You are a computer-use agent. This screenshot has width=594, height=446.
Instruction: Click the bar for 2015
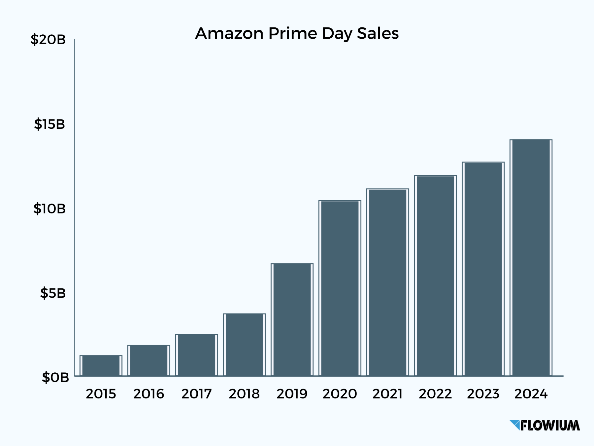point(101,366)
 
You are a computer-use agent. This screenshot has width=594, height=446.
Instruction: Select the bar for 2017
point(196,355)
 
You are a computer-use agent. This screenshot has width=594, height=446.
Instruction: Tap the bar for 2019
point(292,320)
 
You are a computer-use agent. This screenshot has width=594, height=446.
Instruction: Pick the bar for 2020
point(340,288)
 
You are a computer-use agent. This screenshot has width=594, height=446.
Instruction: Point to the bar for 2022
point(435,276)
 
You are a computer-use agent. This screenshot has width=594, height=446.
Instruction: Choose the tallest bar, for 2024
point(531,258)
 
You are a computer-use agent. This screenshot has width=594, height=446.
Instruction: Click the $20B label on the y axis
point(48,40)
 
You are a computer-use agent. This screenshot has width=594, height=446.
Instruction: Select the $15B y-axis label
point(49,124)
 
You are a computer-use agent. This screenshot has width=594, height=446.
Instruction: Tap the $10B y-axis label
point(49,209)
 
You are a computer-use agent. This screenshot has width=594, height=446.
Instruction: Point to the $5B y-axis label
point(53,293)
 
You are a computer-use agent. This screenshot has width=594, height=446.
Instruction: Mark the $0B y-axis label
point(55,377)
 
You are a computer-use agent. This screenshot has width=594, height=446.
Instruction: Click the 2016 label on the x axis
point(148,394)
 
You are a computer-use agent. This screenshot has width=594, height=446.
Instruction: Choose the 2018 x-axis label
point(244,394)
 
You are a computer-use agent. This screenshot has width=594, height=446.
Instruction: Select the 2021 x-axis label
point(387,394)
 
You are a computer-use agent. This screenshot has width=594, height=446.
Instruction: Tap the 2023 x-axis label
point(483,394)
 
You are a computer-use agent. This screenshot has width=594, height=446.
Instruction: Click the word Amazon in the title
point(229,33)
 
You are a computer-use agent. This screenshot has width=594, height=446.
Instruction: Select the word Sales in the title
point(378,33)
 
